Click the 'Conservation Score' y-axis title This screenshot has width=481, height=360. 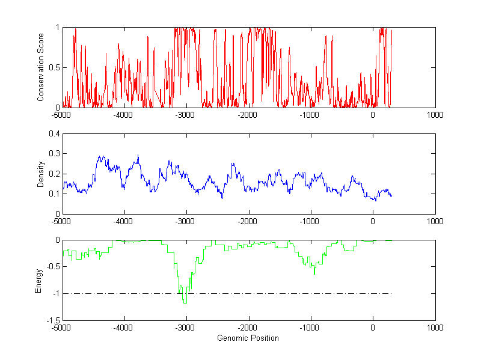(41, 67)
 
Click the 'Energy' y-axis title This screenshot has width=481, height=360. (38, 280)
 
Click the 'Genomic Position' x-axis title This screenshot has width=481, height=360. (248, 338)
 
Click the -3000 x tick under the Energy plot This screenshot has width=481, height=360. (186, 328)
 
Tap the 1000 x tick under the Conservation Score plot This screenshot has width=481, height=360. (435, 114)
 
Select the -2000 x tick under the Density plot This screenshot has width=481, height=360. (248, 221)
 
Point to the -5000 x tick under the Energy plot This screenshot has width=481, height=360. (61, 328)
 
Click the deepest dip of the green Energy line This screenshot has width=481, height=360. (185, 303)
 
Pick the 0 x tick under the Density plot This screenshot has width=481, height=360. (373, 221)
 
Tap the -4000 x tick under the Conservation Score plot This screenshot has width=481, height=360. (124, 114)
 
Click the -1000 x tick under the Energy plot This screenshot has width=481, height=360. (310, 328)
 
